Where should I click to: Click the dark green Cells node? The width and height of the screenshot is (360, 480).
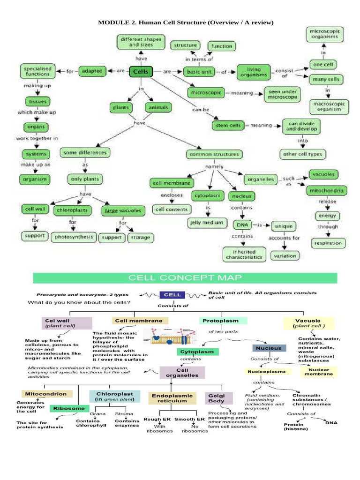coord(141,72)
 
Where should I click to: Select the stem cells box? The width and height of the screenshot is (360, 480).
coord(228,126)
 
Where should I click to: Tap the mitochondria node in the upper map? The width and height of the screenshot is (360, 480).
coord(327,191)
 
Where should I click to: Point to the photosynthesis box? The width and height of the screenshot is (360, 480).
coord(74,237)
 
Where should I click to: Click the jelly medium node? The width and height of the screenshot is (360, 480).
coord(206,222)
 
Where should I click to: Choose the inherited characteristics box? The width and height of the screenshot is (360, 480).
coord(244,255)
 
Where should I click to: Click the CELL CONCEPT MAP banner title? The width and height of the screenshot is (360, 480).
coord(185,278)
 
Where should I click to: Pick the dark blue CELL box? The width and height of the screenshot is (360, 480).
coord(173,295)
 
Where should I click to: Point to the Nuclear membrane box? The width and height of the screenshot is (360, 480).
coord(319,372)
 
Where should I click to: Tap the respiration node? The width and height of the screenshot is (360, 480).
coord(328,243)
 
